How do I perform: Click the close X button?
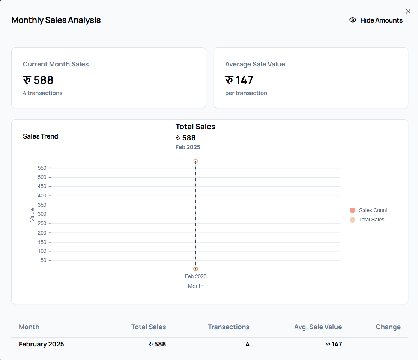click(408, 11)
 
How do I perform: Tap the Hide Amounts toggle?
click(376, 20)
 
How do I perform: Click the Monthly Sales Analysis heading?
click(56, 20)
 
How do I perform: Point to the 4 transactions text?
click(42, 93)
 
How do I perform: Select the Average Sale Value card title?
click(255, 64)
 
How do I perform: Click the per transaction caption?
click(246, 93)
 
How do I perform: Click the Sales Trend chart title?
click(41, 136)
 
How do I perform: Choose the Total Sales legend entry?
click(367, 220)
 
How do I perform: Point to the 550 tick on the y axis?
click(42, 168)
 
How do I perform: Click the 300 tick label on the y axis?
click(42, 214)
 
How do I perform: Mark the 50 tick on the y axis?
click(44, 260)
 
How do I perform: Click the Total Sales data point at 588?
click(195, 161)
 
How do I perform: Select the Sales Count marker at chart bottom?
click(195, 269)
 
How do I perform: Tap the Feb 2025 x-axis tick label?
click(195, 276)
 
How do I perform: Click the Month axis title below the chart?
click(195, 286)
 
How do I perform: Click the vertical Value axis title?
click(32, 215)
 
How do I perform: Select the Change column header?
click(388, 327)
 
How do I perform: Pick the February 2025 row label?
click(41, 344)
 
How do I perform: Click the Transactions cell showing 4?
click(247, 344)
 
